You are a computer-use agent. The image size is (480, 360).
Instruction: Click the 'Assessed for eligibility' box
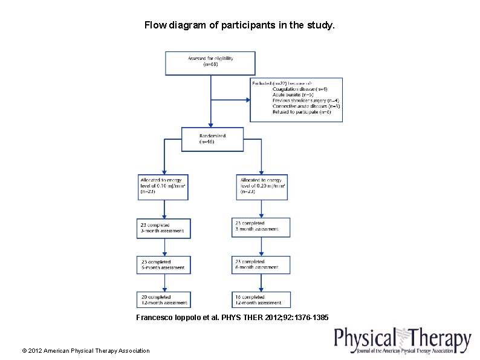coord(210,63)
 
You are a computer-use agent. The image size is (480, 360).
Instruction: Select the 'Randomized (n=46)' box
coord(212,139)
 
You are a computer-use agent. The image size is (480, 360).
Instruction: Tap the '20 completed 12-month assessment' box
coord(163,300)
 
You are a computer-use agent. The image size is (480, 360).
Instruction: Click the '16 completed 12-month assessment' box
coord(261,300)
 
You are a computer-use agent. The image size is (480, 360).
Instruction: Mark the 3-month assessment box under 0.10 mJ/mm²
coord(163,228)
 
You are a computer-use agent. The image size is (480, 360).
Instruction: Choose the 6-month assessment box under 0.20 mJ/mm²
coord(261,264)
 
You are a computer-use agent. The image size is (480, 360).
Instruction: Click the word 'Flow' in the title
coord(154,25)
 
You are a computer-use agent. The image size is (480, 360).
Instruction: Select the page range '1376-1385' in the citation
coord(310,317)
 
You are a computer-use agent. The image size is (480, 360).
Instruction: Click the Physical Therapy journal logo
coord(403,340)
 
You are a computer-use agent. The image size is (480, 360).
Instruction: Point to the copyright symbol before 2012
coord(24,350)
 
